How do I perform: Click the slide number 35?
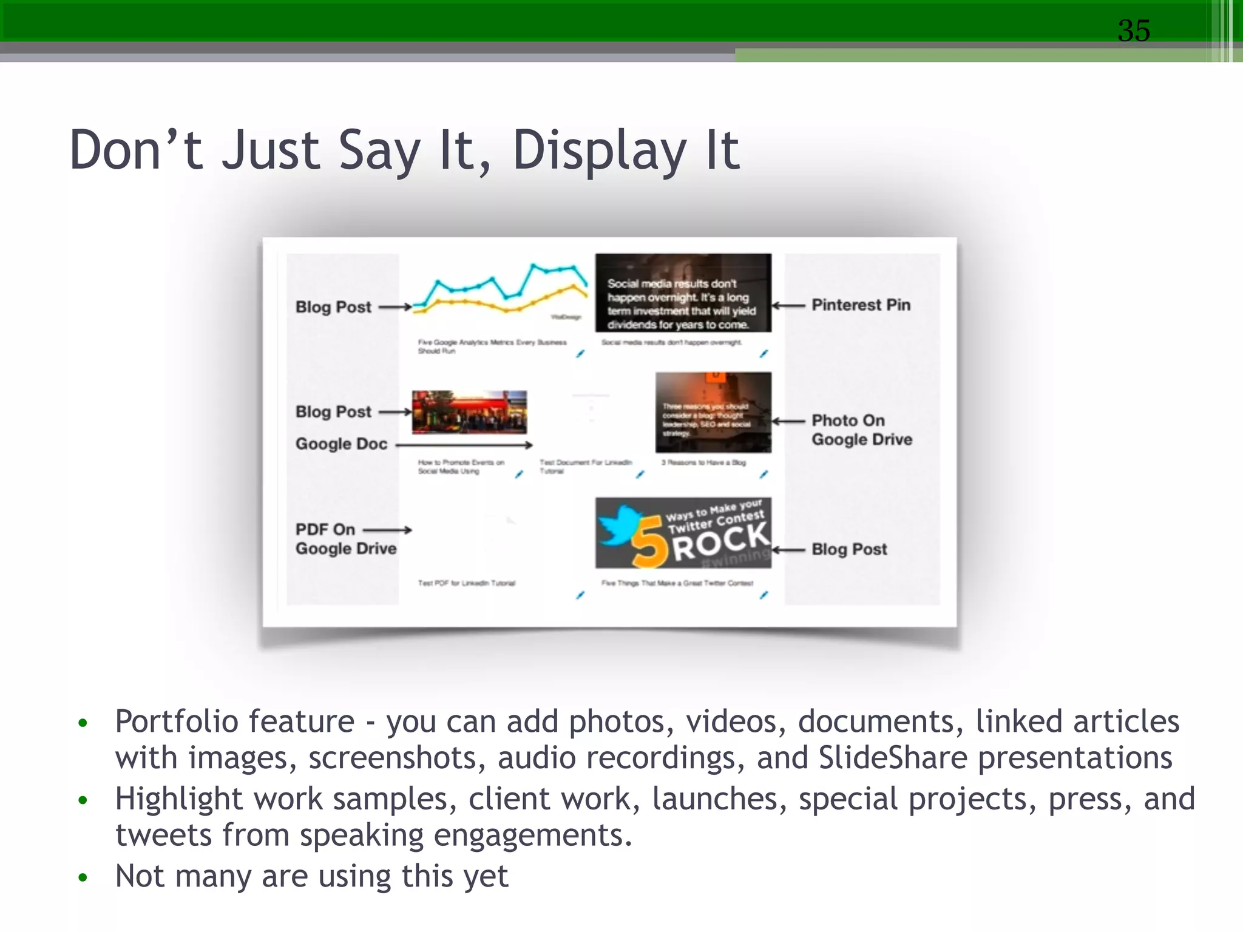[1134, 30]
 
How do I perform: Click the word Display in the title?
[599, 151]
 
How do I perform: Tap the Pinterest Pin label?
[861, 305]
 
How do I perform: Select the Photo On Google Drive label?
[861, 430]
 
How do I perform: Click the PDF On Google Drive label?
[345, 539]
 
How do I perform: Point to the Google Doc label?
[341, 444]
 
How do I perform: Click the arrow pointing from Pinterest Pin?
[788, 305]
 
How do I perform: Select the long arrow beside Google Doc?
[464, 445]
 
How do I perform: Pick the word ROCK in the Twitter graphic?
[720, 541]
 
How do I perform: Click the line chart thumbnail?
[500, 289]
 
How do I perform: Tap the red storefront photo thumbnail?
[469, 412]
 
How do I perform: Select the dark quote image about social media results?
[683, 293]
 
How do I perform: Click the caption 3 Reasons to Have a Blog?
[703, 462]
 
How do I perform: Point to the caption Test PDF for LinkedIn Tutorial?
[466, 583]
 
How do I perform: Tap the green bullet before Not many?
[83, 877]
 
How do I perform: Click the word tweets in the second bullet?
[163, 836]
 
